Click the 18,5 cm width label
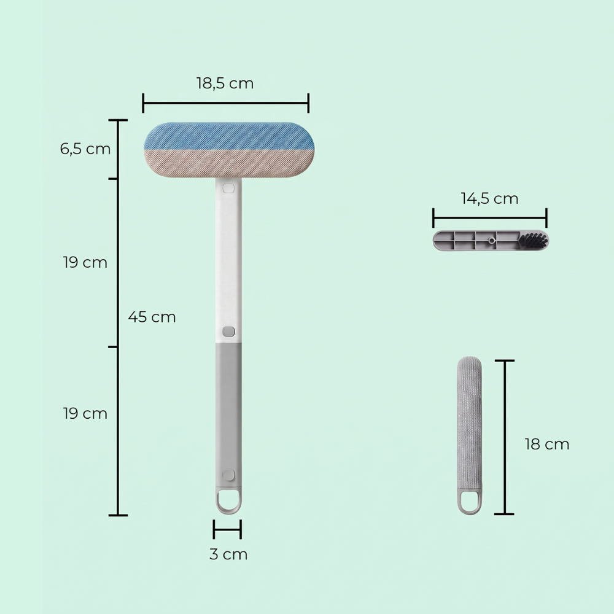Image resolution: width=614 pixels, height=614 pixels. [x=225, y=84]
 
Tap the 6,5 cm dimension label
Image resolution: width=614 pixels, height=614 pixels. [x=85, y=149]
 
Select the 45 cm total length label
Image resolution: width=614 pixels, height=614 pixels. [x=152, y=317]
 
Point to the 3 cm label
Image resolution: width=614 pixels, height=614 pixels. [x=228, y=554]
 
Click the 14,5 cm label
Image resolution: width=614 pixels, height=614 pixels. [x=489, y=198]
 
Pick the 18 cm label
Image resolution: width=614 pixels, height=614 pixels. [x=546, y=444]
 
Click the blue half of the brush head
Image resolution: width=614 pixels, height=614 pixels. [x=229, y=136]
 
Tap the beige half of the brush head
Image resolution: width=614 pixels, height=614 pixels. [x=229, y=164]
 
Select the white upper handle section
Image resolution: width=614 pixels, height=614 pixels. [x=228, y=261]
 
